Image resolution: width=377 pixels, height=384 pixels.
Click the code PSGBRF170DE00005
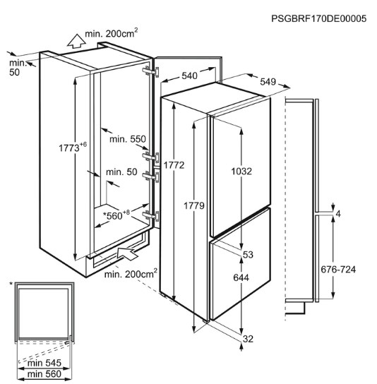click(318, 18)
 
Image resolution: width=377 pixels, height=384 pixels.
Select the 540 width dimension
click(189, 76)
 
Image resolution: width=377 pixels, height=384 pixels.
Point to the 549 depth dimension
click(268, 82)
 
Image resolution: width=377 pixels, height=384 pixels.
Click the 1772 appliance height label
click(174, 165)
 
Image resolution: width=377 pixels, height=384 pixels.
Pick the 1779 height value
click(194, 205)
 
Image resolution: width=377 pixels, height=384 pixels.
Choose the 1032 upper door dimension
click(241, 172)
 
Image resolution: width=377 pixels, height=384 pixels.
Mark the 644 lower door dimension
click(241, 277)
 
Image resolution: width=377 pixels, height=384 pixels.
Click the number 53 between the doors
click(248, 255)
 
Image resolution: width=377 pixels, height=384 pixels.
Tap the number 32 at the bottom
click(248, 339)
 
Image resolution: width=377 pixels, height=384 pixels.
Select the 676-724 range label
click(338, 270)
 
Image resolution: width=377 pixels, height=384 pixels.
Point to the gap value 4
click(338, 214)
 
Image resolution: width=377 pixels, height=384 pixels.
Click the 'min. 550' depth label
click(128, 139)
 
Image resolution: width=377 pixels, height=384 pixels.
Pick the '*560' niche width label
click(116, 215)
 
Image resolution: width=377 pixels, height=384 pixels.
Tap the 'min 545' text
click(44, 363)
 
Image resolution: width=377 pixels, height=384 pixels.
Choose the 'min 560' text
click(44, 374)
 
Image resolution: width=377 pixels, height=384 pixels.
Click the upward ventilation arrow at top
click(77, 41)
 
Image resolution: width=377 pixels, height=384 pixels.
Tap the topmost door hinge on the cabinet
click(150, 71)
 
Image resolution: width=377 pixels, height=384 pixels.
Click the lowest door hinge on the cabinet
click(150, 215)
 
